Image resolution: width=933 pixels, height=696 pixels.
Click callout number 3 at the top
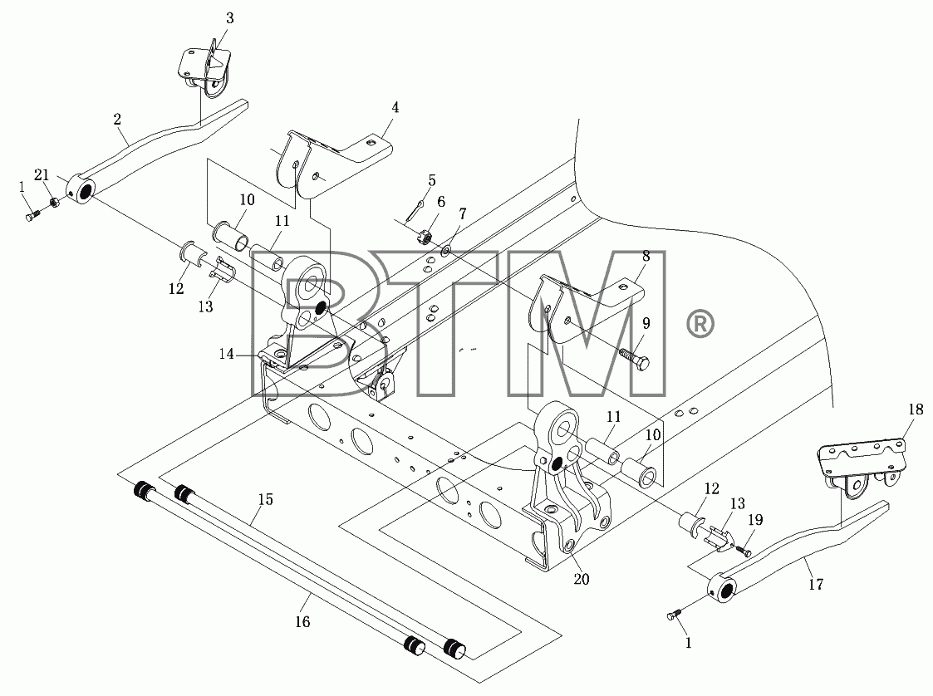pos(229,18)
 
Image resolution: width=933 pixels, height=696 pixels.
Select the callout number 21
pos(42,175)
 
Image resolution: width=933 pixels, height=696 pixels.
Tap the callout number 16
pos(303,621)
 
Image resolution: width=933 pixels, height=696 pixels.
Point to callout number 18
pos(916,409)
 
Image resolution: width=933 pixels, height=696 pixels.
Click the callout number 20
pos(582,579)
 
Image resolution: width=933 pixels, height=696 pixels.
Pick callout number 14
pos(226,354)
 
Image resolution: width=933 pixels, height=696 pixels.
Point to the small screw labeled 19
pos(743,551)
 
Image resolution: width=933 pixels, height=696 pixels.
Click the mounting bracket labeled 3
pos(204,71)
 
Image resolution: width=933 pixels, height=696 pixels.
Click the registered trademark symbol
pos(701,324)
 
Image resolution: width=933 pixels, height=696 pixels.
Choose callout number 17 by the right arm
pos(816,584)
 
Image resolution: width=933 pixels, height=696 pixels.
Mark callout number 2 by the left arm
pos(117,119)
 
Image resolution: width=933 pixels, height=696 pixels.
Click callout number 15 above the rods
pos(266,500)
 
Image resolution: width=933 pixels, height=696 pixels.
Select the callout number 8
pos(646,256)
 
